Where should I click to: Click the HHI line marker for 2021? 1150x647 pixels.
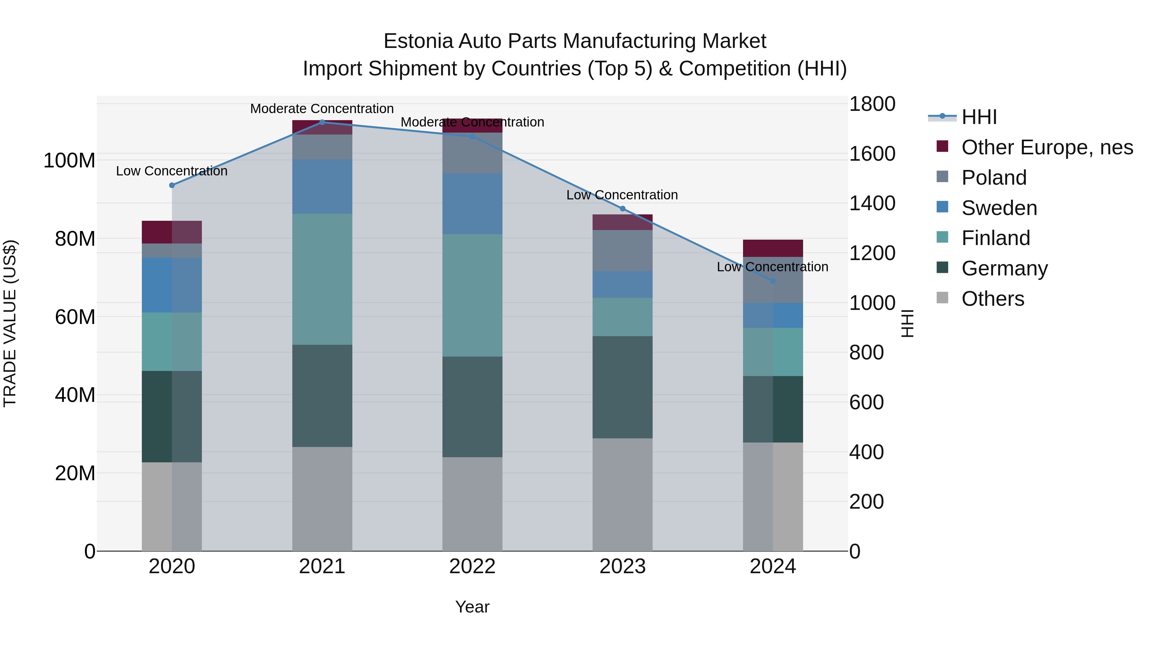pos(322,122)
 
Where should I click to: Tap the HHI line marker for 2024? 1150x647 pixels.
pos(773,281)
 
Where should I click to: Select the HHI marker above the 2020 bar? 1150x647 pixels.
pos(172,185)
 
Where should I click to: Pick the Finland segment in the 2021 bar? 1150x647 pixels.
pos(322,279)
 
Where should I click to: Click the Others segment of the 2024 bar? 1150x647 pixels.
pos(773,497)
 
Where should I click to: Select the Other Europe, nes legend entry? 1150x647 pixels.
pos(1046,147)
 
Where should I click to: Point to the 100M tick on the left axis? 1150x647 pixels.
pos(69,160)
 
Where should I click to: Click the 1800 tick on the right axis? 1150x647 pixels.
pos(871,104)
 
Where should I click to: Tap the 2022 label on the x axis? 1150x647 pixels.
pos(472,566)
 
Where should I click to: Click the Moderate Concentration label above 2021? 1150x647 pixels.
pos(322,109)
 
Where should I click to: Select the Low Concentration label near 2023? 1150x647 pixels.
pos(622,195)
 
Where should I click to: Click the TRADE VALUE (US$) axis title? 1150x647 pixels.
pos(10,323)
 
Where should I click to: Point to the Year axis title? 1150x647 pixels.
pos(472,607)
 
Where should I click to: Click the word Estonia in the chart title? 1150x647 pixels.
pos(418,41)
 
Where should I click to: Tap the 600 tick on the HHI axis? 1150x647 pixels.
pos(866,402)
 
